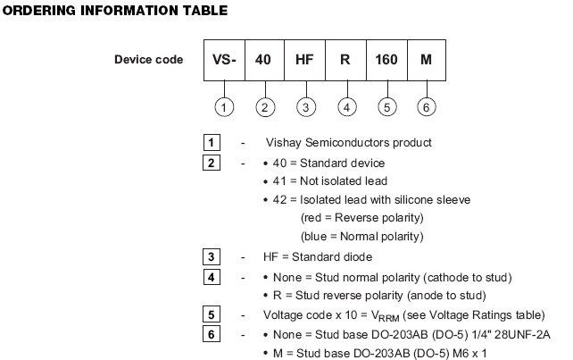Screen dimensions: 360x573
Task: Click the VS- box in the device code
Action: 223,61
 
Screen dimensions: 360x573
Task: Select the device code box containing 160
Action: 386,61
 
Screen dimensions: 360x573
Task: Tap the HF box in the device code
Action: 304,61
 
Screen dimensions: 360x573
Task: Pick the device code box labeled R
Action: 345,61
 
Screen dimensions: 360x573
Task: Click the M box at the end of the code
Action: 426,61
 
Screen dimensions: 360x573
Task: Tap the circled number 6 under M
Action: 427,107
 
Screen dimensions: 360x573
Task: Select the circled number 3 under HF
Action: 305,107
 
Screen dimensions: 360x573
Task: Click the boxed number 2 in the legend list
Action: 211,163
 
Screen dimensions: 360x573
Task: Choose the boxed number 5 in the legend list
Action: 211,315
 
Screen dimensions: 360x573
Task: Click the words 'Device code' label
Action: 148,61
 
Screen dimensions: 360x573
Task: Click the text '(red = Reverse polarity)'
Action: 362,218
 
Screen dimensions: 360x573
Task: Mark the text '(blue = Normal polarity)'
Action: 362,237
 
